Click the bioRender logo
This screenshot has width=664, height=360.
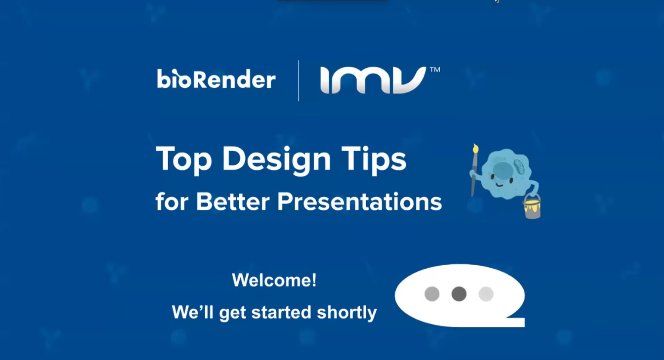point(216,79)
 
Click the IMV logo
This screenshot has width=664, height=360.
point(374,80)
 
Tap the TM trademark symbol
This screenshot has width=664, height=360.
point(435,70)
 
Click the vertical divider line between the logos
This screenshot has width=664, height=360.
point(298,81)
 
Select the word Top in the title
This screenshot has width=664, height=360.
point(184,160)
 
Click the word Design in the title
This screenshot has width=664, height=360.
point(276,160)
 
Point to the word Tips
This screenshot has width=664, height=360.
point(374,160)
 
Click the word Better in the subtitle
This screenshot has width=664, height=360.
point(233,202)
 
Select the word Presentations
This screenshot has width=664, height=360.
point(359,202)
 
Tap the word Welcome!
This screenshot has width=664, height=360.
point(274,280)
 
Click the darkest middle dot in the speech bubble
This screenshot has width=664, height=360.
point(459,294)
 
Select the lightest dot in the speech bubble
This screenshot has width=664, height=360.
point(486,294)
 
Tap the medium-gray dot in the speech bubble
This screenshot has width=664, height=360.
point(432,294)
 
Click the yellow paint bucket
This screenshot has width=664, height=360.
point(532,207)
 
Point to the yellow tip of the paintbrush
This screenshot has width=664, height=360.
point(476,148)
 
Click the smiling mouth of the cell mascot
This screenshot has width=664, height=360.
point(500,185)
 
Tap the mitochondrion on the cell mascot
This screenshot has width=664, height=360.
point(519,167)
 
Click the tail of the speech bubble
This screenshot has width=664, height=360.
point(516,321)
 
